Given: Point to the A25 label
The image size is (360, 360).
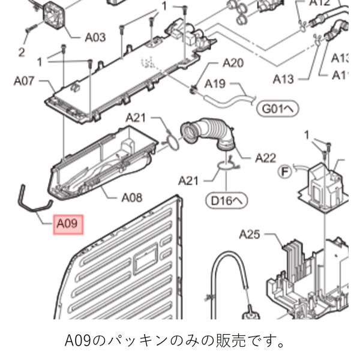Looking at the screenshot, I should click(253, 233).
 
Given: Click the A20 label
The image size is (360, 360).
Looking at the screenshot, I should click(233, 63).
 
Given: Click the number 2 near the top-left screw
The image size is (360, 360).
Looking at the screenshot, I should click(22, 52).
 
